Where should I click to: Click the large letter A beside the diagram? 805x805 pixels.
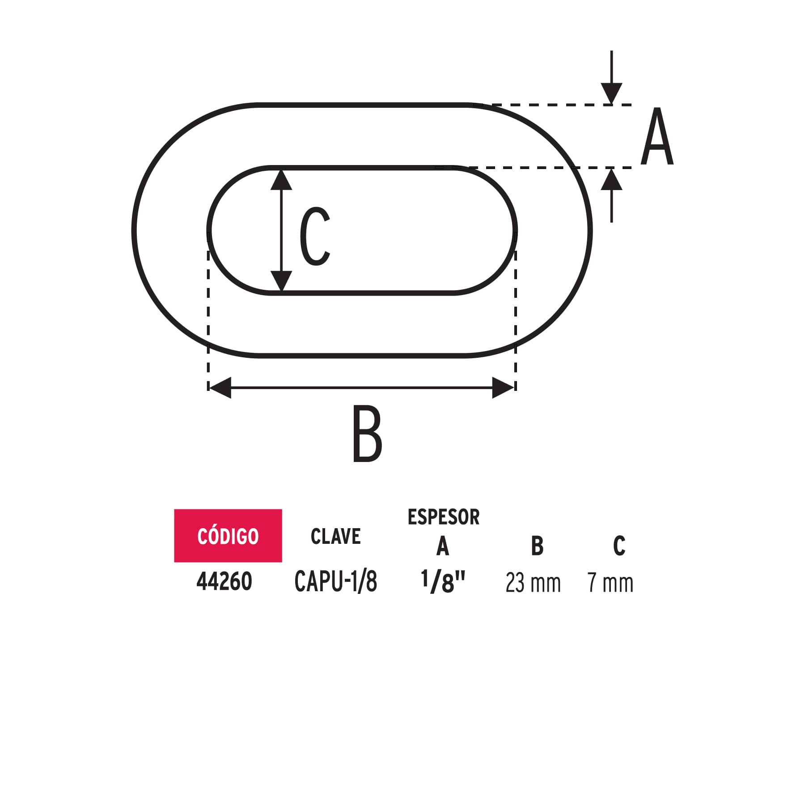coord(657,136)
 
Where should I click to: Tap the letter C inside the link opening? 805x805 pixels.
coord(315,236)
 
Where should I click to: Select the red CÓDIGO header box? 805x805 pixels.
coord(228,535)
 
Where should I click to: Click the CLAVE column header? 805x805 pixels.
coord(336,536)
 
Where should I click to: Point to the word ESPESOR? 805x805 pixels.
coord(444,517)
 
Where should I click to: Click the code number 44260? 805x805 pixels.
coord(224,582)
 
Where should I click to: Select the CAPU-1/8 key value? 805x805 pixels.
coord(336,582)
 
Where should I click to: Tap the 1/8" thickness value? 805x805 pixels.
coord(443,582)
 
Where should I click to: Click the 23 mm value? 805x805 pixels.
coord(533,583)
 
